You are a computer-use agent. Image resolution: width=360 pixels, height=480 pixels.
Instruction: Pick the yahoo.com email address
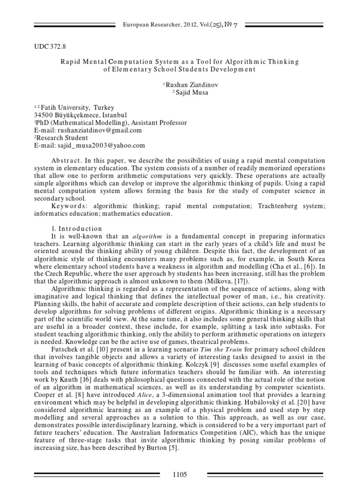[100, 146]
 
